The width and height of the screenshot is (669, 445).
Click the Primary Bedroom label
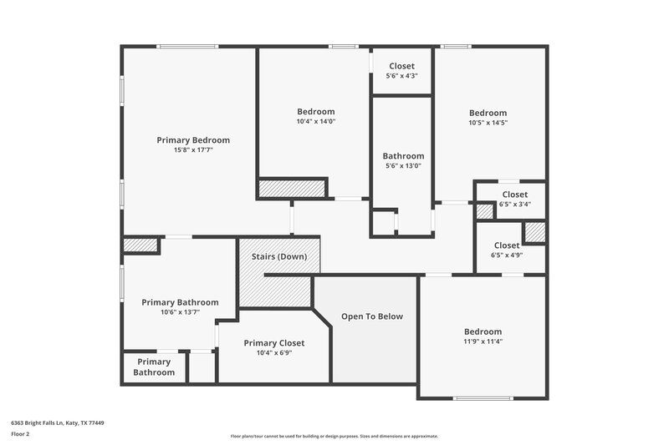pos(193,140)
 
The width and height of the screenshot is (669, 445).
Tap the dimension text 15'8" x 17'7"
pos(193,150)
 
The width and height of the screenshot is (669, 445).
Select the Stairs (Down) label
pos(279,256)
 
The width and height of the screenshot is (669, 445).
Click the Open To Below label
pos(372,316)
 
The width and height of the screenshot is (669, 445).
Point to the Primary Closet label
pos(273,343)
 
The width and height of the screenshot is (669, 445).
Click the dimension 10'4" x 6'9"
pos(273,353)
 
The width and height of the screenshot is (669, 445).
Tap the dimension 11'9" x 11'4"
pos(483,341)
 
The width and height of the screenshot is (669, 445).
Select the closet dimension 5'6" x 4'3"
pos(401,76)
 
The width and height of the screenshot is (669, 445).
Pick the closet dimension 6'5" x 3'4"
pos(515,204)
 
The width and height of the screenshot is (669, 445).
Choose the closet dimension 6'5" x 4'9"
pos(507,255)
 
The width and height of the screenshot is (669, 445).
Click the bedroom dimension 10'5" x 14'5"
pos(488,123)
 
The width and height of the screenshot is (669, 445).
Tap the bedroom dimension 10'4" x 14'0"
pos(316,122)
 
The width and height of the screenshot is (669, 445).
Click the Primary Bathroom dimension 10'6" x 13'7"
pos(180,312)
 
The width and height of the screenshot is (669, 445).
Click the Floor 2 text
pos(20,434)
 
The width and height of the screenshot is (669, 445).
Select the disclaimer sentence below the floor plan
pos(334,436)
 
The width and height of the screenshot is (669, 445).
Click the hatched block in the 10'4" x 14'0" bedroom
pos(291,189)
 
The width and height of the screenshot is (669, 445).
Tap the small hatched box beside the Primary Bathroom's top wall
pos(140,245)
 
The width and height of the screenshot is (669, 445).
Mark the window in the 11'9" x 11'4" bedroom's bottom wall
pos(483,398)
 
